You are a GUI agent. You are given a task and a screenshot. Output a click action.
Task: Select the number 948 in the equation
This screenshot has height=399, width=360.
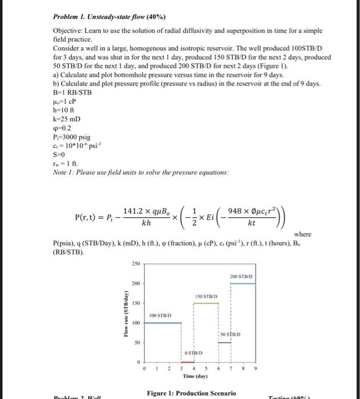[240, 209]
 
